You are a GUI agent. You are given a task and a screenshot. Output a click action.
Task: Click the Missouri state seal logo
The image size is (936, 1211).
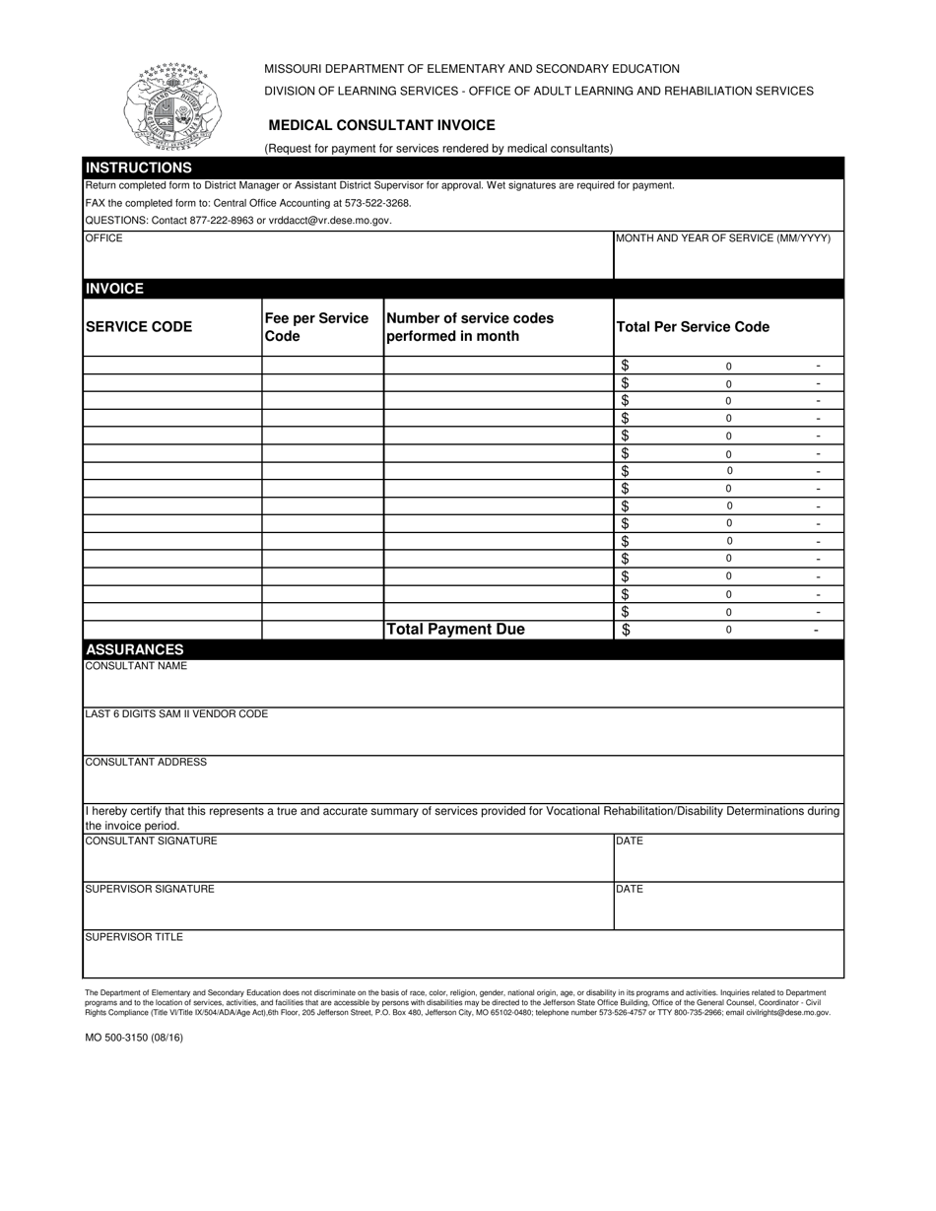point(172,106)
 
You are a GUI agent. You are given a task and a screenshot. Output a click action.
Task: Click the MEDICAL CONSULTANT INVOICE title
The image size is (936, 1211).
point(381,126)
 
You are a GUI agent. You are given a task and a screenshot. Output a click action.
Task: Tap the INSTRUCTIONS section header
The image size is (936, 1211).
point(139,168)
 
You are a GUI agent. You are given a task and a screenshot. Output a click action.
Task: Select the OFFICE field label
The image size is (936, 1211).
point(104,238)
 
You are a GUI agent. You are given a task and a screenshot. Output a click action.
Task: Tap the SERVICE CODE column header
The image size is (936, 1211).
point(139,327)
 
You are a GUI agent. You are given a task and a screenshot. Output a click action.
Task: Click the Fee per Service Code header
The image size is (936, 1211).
point(316,327)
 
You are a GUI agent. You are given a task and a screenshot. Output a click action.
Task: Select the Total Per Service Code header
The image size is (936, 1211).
point(693,327)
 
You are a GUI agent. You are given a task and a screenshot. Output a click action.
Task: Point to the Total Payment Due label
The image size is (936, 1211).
point(455,630)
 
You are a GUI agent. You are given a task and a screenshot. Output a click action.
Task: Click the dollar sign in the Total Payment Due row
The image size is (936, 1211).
point(627,630)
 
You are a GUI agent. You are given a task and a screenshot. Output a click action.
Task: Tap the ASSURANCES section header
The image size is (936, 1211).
point(135,650)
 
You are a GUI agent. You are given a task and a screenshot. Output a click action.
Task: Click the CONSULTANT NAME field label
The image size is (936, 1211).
point(136,666)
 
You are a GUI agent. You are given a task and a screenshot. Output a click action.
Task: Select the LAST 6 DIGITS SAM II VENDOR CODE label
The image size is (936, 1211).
point(176,714)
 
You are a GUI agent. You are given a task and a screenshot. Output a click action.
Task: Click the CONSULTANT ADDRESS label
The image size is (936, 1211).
point(146,763)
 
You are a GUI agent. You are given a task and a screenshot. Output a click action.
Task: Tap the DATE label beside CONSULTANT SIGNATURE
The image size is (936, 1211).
point(630,841)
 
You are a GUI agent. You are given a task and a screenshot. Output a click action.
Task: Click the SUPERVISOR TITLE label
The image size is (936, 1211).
point(134,937)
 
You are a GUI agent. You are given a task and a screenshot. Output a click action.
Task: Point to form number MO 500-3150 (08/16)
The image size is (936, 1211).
point(134,1038)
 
